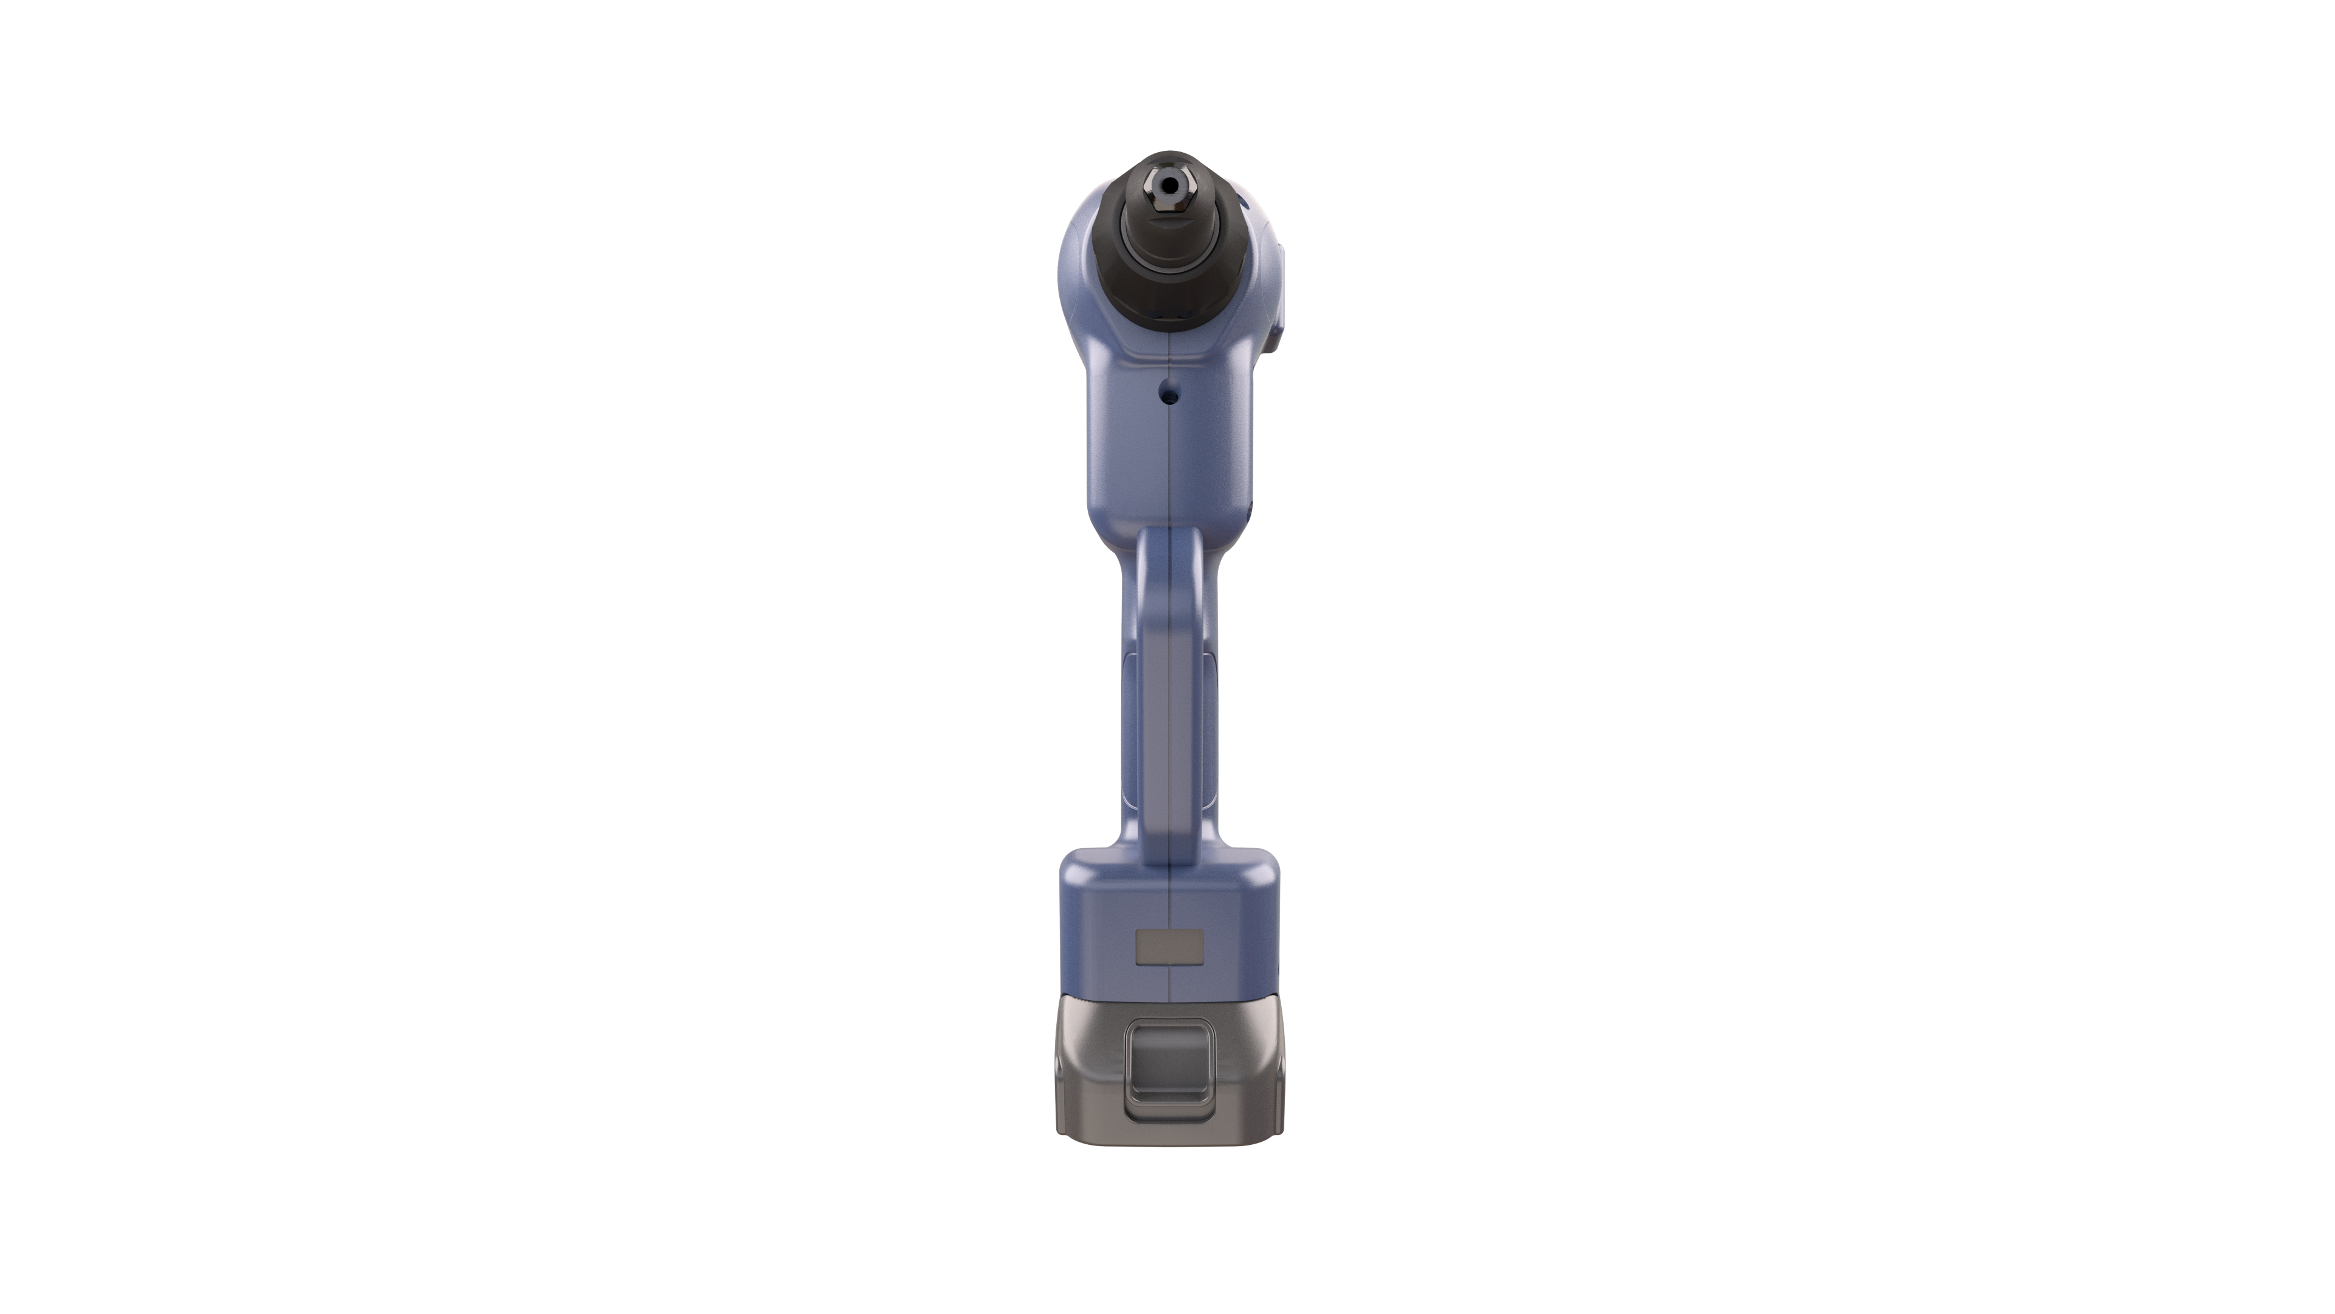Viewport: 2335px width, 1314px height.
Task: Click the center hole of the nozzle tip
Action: [1170, 186]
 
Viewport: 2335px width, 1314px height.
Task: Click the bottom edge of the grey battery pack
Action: [1169, 1153]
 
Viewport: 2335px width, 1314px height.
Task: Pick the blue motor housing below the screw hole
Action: [1169, 462]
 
